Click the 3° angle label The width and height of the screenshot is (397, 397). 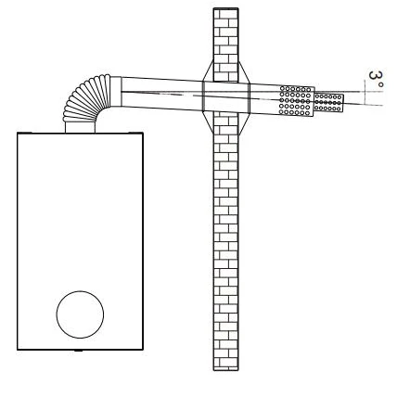376,80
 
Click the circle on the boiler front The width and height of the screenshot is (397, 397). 80,314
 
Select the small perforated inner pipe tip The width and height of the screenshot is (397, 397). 328,102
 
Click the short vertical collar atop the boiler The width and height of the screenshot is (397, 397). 80,127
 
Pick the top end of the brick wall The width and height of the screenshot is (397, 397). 225,8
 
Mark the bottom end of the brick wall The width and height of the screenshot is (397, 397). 226,369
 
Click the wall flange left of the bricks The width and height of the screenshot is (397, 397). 208,96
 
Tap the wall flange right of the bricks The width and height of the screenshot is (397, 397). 244,98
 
